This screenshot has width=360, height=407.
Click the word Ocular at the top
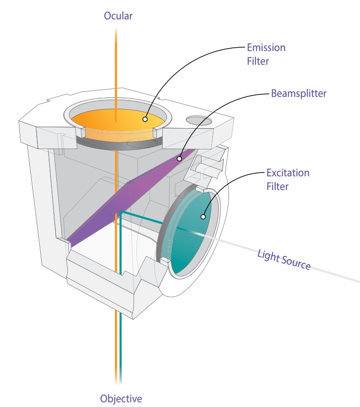pyautogui.click(x=118, y=16)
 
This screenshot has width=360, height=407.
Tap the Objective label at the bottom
pyautogui.click(x=121, y=398)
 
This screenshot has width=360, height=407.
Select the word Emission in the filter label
pyautogui.click(x=266, y=48)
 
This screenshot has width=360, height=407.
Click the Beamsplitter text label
pyautogui.click(x=299, y=93)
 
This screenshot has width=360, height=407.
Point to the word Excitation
pyautogui.click(x=287, y=173)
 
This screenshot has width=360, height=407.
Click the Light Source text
pyautogui.click(x=284, y=260)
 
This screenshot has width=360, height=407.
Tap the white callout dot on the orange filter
pyautogui.click(x=146, y=120)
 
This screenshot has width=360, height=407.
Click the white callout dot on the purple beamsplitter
pyautogui.click(x=179, y=159)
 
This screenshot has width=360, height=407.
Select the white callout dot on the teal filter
pyautogui.click(x=203, y=217)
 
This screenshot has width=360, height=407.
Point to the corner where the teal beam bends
pyautogui.click(x=122, y=212)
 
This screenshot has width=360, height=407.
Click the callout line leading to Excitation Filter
pyautogui.click(x=227, y=182)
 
